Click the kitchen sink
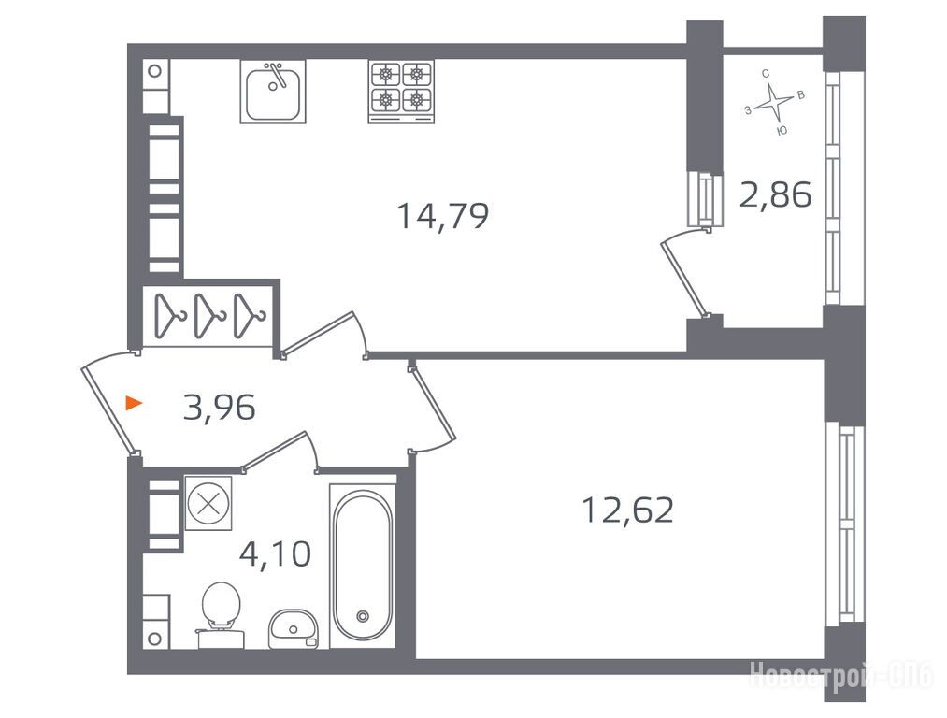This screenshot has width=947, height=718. [x=273, y=92]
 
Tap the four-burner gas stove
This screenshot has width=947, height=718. [x=401, y=92]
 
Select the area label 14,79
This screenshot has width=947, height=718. [x=443, y=216]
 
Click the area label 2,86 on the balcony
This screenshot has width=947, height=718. [x=776, y=195]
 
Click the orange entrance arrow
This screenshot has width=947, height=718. [x=134, y=403]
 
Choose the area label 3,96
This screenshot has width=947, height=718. [x=220, y=407]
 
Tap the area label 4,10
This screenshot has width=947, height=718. [x=276, y=553]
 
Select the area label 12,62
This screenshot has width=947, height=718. [x=627, y=510]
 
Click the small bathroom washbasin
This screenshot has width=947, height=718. [x=294, y=628]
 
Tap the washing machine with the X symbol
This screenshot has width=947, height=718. [x=208, y=503]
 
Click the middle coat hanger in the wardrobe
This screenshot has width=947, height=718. [x=209, y=315]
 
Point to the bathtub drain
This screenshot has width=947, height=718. [x=363, y=616]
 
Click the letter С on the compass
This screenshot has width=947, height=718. [x=766, y=74]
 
